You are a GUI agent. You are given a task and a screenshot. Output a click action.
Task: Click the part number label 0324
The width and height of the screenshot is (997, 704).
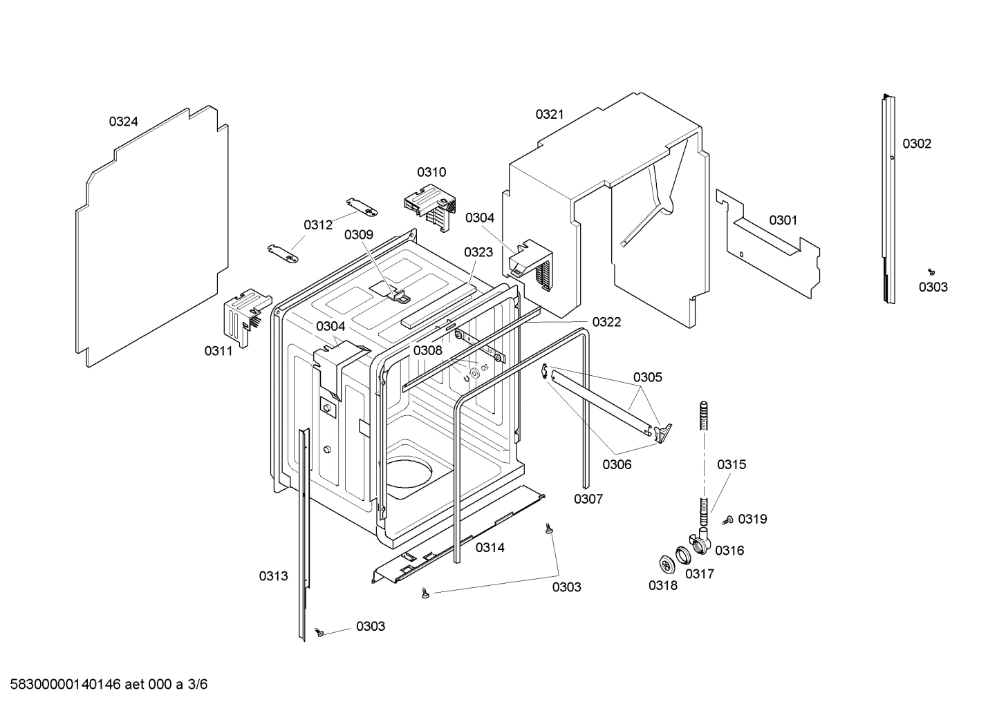click(123, 122)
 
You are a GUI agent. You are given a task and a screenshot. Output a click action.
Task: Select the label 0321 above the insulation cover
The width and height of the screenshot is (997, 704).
click(550, 115)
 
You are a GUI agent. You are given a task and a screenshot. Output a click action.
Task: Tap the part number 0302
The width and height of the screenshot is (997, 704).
click(917, 144)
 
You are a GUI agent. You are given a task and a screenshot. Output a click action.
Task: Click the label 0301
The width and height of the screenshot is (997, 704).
click(783, 220)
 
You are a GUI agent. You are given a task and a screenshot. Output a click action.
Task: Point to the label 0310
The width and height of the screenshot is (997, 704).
click(431, 172)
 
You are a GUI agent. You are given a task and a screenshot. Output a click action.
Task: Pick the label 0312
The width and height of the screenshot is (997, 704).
click(318, 225)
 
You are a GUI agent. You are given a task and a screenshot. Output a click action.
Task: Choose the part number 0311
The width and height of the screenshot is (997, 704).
click(218, 351)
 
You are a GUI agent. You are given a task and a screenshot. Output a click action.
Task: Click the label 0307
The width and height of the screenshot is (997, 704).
click(588, 499)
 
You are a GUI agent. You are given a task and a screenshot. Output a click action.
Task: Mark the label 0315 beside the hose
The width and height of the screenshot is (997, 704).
click(732, 465)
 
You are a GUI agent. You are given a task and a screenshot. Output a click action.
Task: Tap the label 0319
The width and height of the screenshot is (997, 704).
click(752, 519)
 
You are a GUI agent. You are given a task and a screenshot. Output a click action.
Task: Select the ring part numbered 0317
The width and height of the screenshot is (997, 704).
click(684, 553)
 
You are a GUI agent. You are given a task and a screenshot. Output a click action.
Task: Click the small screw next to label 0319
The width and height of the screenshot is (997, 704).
click(727, 521)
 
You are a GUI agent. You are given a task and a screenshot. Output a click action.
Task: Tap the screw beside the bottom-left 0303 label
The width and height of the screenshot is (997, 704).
click(319, 631)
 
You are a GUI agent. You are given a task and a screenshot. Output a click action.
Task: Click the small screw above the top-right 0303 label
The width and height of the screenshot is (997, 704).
click(931, 272)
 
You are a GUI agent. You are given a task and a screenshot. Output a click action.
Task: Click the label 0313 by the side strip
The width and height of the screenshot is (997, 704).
click(273, 575)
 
